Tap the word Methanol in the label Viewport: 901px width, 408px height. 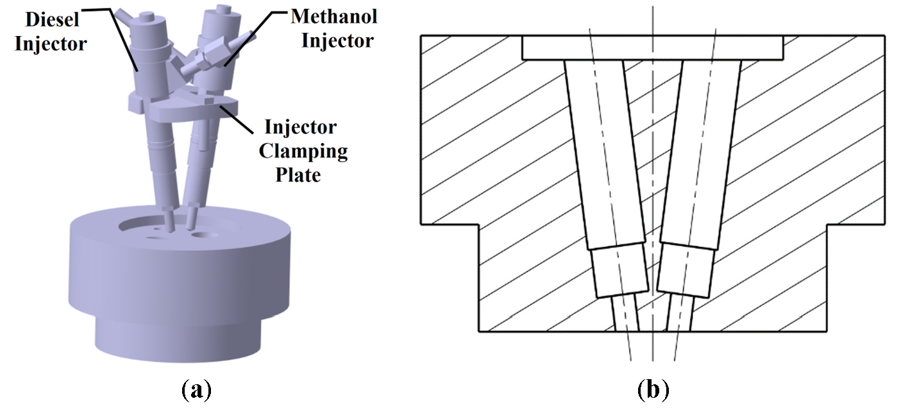[x=334, y=17]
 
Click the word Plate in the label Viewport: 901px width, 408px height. [x=297, y=174]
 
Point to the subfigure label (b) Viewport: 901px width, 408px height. [x=653, y=389]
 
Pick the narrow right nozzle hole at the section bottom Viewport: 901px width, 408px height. [x=680, y=316]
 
